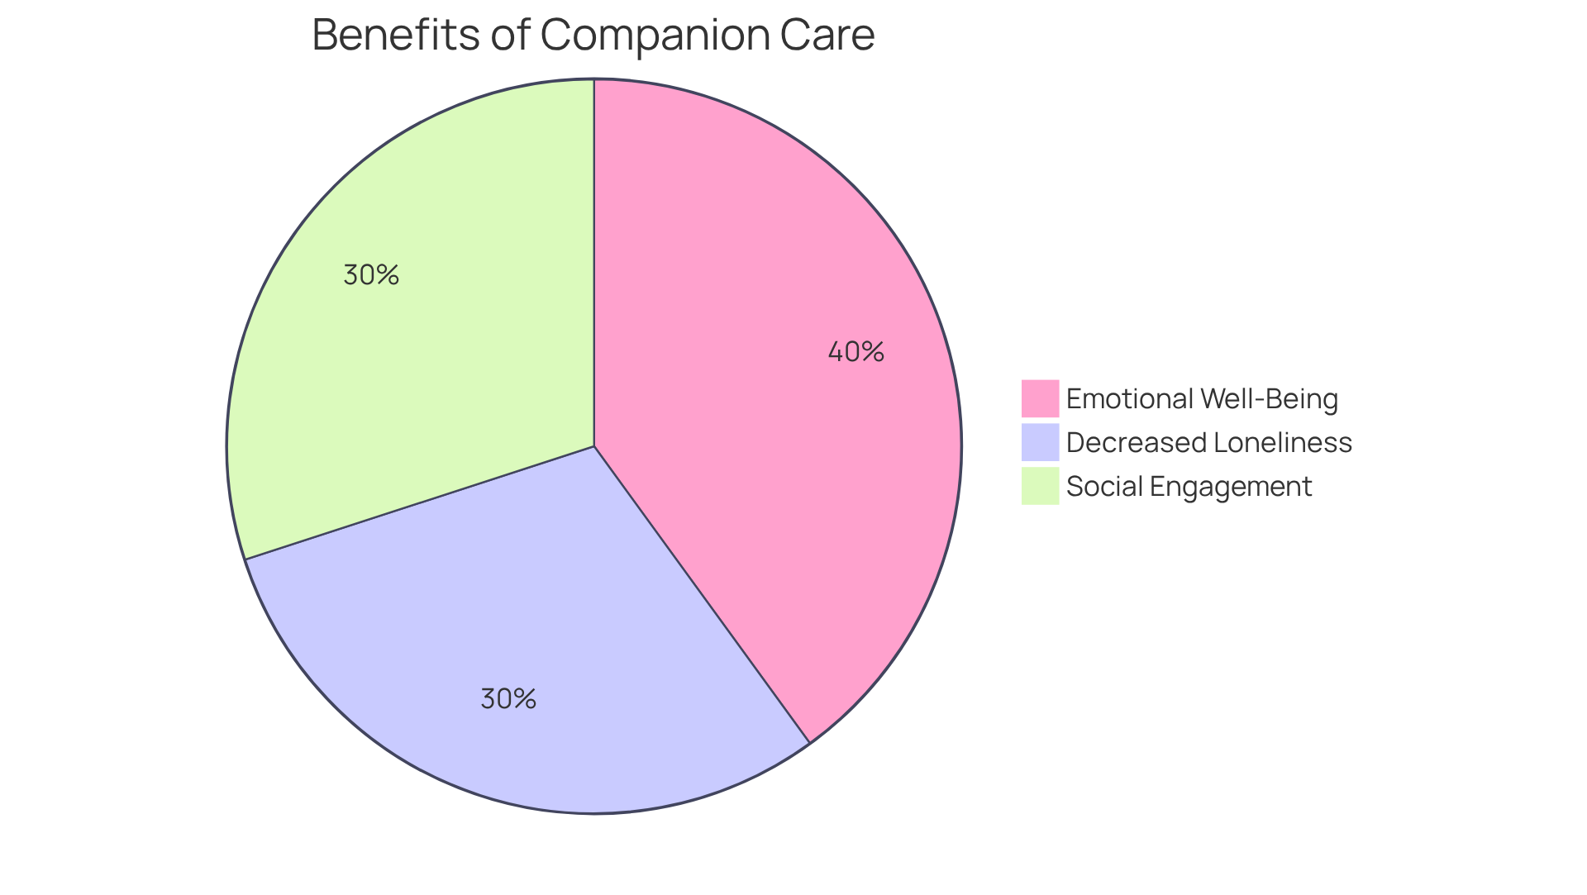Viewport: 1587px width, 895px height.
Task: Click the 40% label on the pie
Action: click(855, 352)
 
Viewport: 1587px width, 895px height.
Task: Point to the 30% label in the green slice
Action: click(371, 275)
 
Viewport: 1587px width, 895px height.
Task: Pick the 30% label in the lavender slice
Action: click(508, 699)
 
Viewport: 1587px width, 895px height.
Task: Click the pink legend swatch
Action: click(1040, 398)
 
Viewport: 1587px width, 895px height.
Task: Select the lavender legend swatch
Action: click(1040, 442)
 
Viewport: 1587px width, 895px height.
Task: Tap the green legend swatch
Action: click(1040, 486)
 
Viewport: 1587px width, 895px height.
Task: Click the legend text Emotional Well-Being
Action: click(1202, 399)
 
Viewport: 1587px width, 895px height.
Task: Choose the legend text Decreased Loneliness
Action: click(1208, 443)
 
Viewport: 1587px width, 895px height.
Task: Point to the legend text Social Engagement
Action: click(1189, 487)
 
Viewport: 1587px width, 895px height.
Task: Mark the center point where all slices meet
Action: click(594, 446)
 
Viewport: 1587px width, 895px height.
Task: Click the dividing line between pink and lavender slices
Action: click(702, 594)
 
